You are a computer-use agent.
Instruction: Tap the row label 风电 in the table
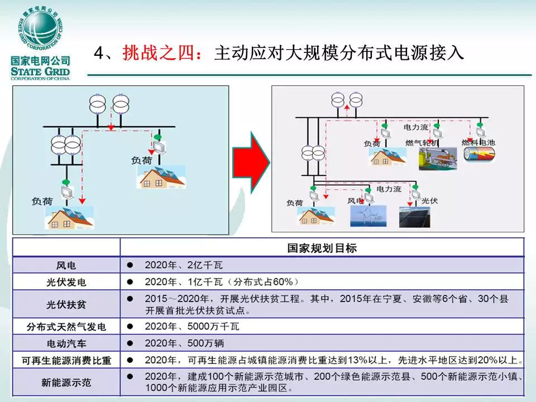coord(66,265)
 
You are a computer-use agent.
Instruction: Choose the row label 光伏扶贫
coord(66,305)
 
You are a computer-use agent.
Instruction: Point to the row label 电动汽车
coord(66,343)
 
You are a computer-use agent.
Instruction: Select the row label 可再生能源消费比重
coord(66,360)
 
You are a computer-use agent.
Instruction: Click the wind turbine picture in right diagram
coord(367,217)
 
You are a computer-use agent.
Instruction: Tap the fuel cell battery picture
coord(477,157)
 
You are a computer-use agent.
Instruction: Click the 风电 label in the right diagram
coord(355,200)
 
